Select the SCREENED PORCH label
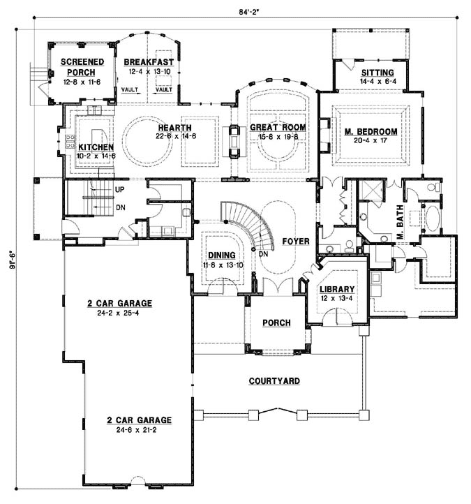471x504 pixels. [82, 66]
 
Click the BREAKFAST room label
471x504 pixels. [149, 61]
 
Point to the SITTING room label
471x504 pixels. [377, 72]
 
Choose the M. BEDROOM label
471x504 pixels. [371, 131]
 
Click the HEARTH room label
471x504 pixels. [170, 128]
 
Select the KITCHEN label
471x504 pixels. [95, 147]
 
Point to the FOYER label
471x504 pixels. [295, 242]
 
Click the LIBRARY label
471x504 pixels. [337, 289]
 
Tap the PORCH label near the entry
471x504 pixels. [276, 323]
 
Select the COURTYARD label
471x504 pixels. [274, 381]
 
